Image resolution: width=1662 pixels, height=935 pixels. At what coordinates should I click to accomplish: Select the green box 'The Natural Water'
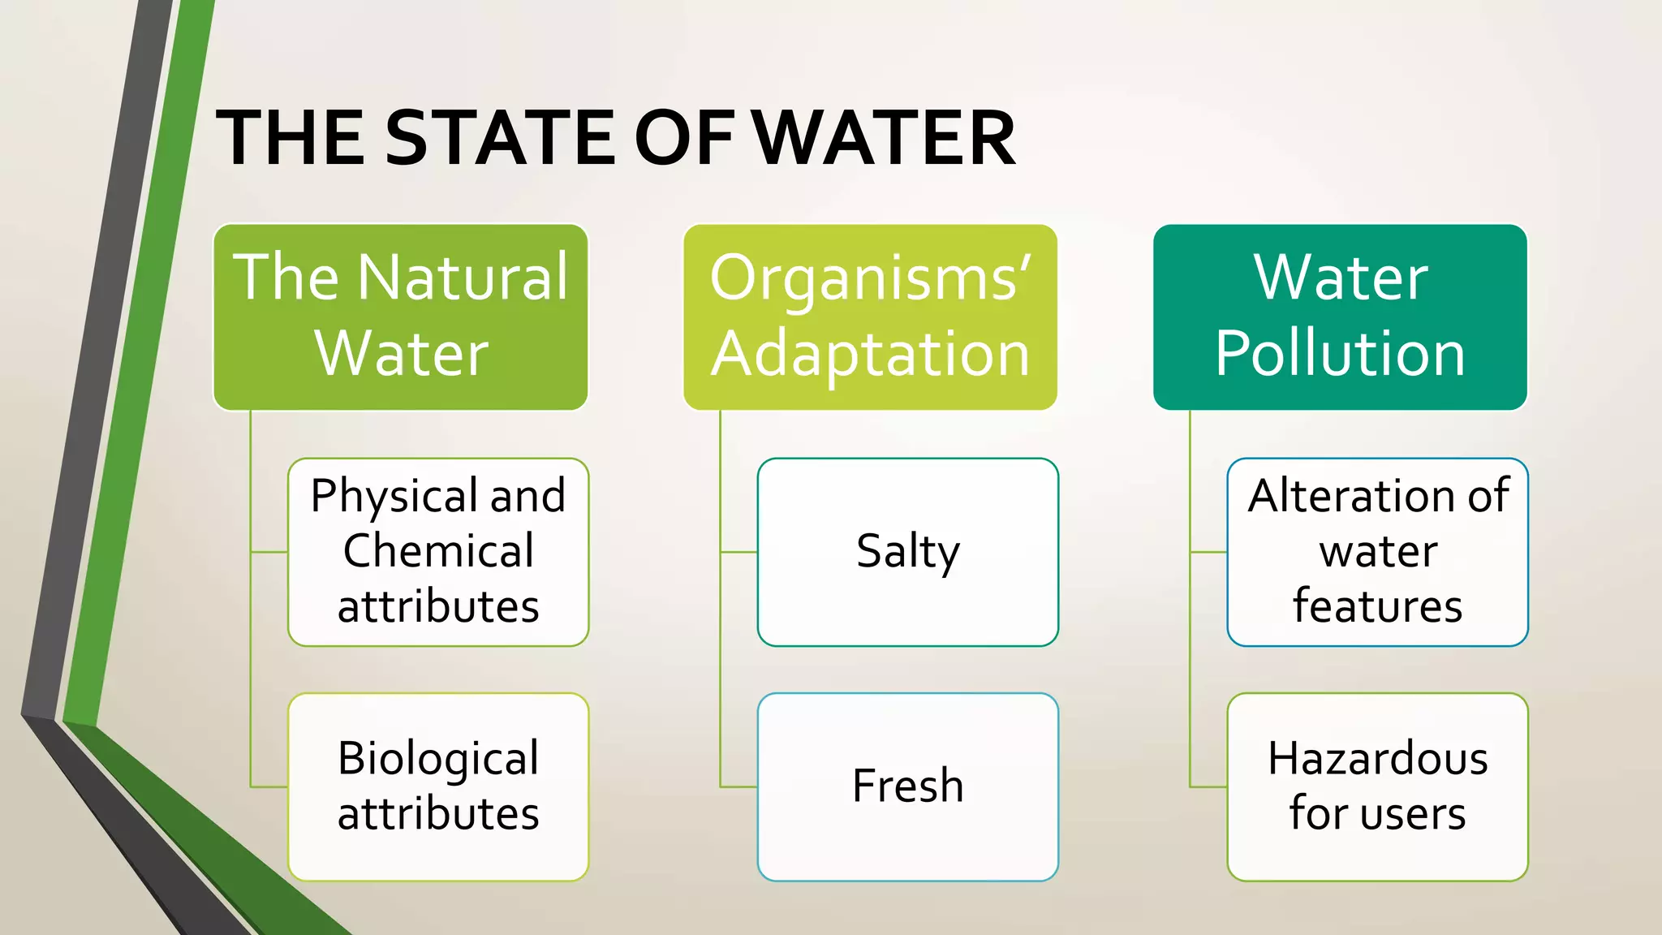click(x=400, y=317)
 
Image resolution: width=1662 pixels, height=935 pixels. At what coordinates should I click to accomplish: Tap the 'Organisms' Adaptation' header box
click(x=870, y=317)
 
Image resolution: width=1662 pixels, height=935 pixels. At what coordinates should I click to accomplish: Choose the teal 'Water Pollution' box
click(x=1340, y=317)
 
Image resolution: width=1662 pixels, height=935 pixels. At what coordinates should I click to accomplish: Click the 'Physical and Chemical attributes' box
click(x=438, y=552)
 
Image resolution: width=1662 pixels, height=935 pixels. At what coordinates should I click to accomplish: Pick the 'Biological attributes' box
click(x=438, y=786)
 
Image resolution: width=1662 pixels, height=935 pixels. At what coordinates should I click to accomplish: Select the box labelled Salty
click(x=907, y=552)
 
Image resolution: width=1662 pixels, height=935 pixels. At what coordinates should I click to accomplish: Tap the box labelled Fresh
click(x=907, y=786)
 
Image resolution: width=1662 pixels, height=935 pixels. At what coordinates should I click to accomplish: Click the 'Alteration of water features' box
click(x=1377, y=552)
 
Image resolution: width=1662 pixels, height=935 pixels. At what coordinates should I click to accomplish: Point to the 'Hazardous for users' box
click(x=1377, y=786)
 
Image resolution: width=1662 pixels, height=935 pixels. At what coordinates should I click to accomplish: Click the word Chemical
click(x=438, y=551)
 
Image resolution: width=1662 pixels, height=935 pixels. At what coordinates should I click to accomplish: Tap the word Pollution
click(x=1340, y=354)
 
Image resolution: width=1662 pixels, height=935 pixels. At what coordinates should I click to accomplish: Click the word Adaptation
click(x=870, y=354)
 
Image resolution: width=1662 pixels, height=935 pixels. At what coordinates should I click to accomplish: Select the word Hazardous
click(x=1377, y=759)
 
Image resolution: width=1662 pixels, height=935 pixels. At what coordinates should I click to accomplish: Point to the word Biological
click(x=438, y=759)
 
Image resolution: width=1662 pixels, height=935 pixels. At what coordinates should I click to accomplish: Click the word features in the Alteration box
click(x=1377, y=606)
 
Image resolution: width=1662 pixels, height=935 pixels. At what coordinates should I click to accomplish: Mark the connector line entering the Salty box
click(x=738, y=552)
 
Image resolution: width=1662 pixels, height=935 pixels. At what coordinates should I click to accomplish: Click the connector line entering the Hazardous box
click(x=1208, y=786)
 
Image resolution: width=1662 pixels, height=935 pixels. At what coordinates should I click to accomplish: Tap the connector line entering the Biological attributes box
click(x=269, y=786)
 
